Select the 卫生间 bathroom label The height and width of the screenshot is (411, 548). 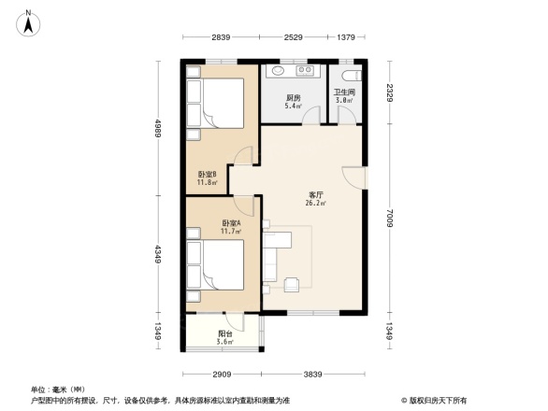[x=343, y=95]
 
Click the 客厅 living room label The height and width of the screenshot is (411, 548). [x=314, y=197]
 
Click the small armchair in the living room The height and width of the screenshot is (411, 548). [x=292, y=283]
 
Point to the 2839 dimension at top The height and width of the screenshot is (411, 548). [x=221, y=37]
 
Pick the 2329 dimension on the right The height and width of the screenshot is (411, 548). [x=392, y=92]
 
